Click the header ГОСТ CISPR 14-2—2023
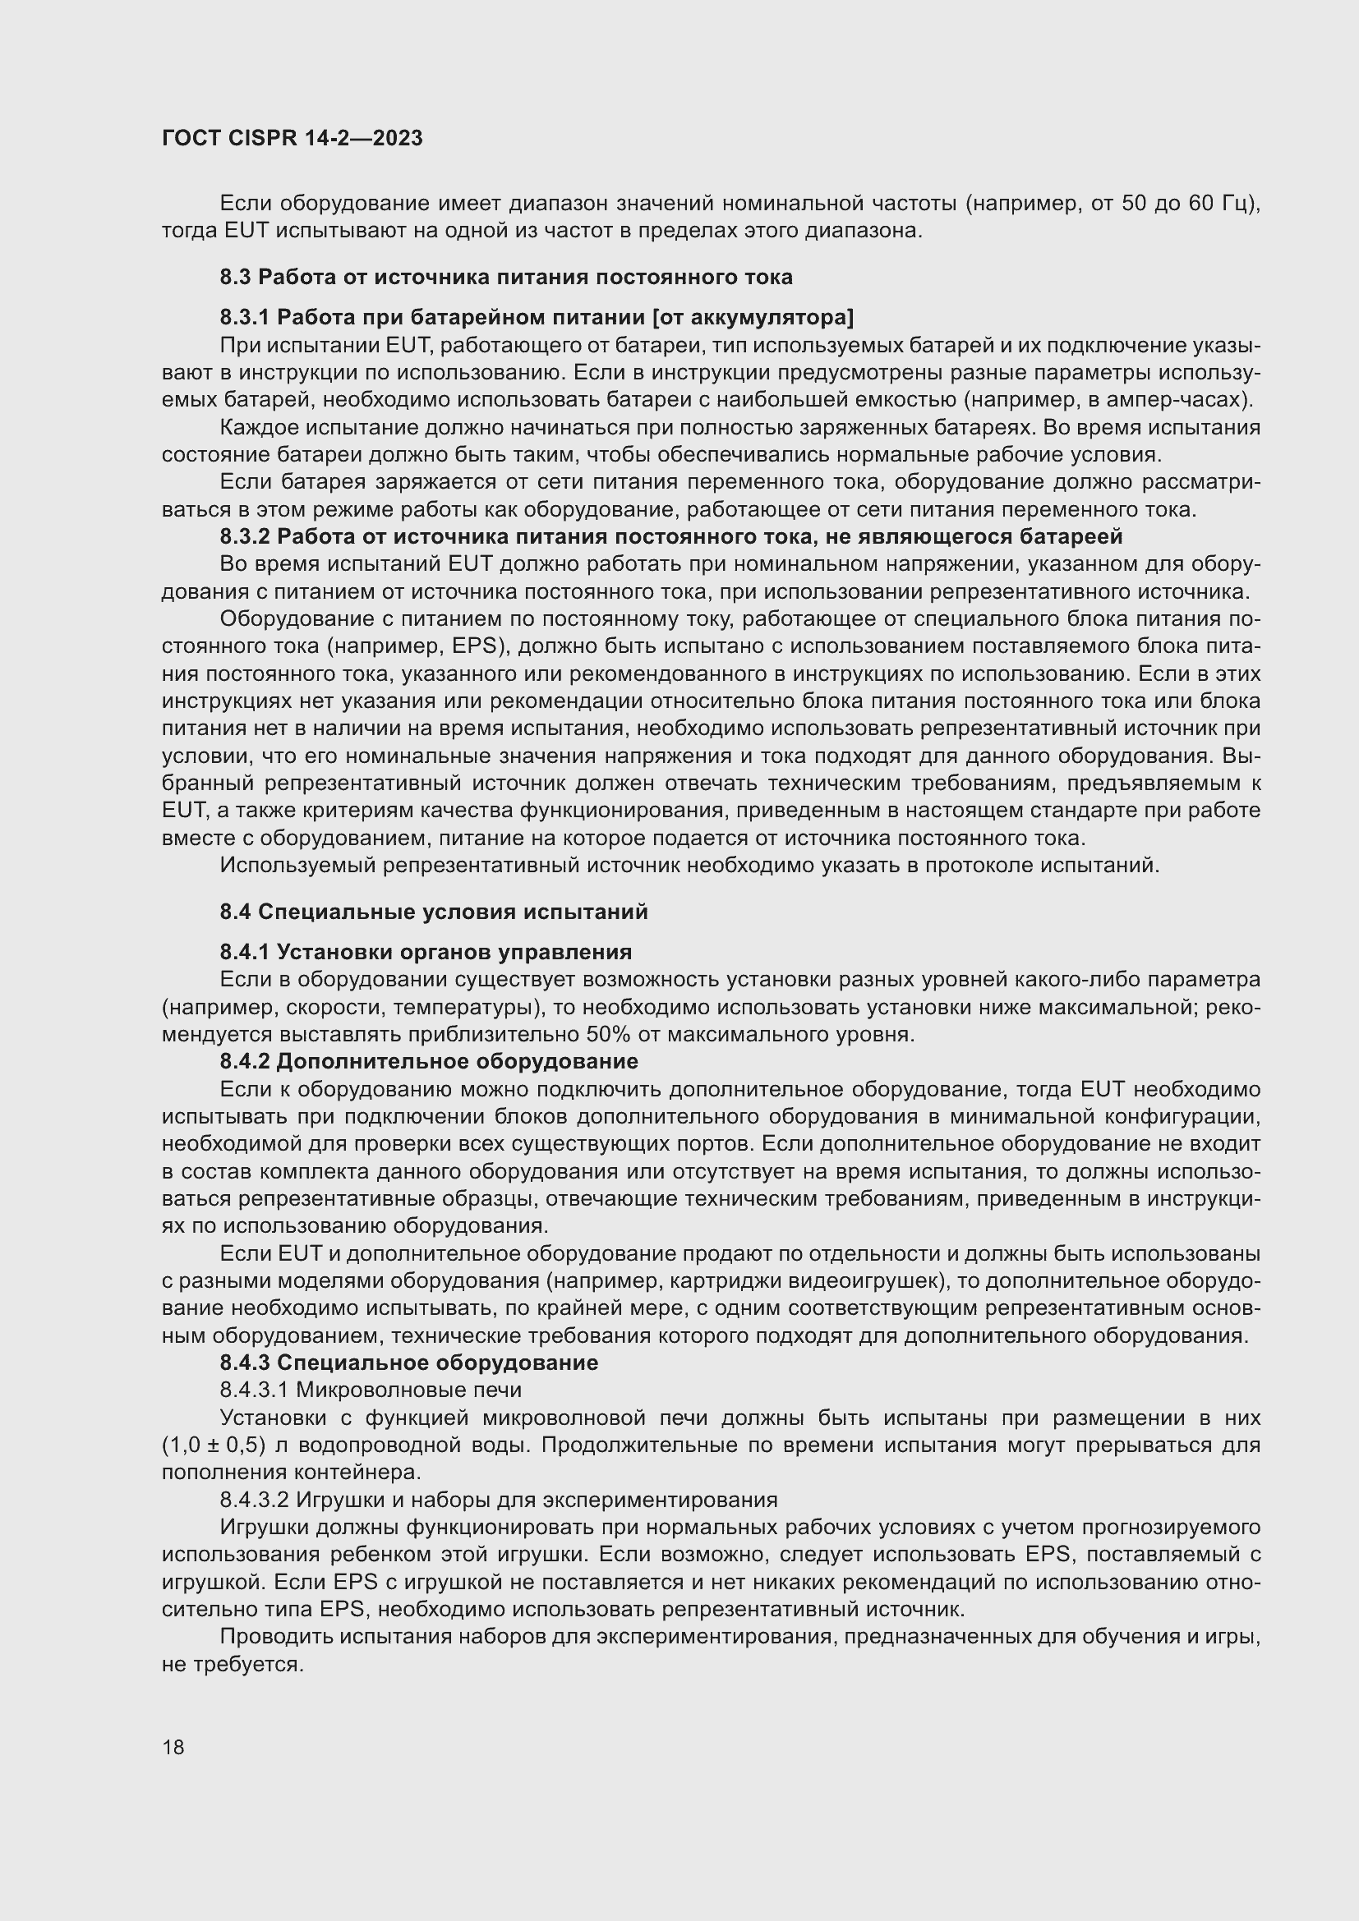coord(292,139)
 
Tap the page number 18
coord(173,1747)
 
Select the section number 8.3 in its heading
coord(236,277)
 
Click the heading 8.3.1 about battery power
coord(537,317)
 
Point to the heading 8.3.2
coord(670,536)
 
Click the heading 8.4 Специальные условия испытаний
coord(434,912)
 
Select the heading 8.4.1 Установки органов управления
coord(425,952)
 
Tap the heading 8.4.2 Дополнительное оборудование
coord(428,1062)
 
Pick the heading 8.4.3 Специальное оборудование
coord(408,1363)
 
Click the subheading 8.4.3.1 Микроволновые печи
coord(371,1390)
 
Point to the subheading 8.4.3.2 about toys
coord(498,1500)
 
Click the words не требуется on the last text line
coord(231,1664)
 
